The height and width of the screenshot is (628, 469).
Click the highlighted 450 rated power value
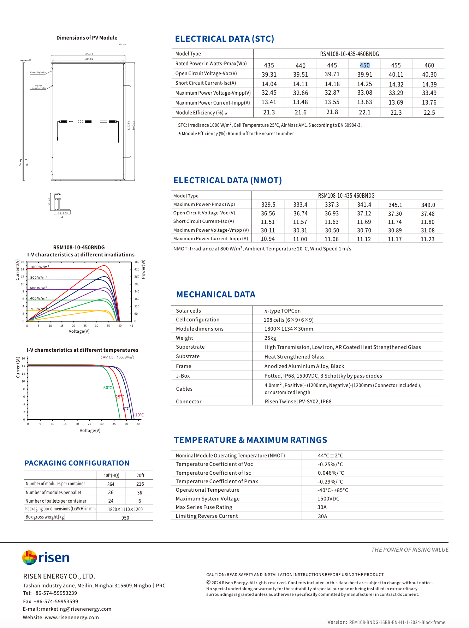(x=364, y=65)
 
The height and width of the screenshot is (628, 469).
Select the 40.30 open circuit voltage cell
(x=429, y=75)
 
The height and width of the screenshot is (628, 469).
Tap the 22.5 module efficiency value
(x=429, y=113)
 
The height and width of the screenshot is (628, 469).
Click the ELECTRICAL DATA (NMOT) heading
(x=227, y=180)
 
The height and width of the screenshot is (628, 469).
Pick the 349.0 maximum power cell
(x=428, y=205)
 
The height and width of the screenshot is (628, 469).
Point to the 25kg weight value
(x=270, y=338)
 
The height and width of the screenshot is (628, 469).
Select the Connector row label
(x=189, y=402)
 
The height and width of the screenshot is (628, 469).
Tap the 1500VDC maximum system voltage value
(x=328, y=499)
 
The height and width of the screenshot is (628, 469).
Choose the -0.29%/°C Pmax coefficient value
(x=330, y=481)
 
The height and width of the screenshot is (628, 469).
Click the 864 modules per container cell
(x=111, y=484)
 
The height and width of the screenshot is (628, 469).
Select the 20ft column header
(x=140, y=475)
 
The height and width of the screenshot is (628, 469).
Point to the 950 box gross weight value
(x=125, y=518)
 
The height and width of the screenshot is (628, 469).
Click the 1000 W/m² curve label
(x=39, y=267)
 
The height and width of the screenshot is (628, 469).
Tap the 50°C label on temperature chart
(x=108, y=388)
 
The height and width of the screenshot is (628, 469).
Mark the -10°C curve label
(x=139, y=415)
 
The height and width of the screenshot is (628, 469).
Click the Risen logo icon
(x=29, y=558)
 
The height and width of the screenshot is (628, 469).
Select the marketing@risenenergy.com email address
(x=76, y=609)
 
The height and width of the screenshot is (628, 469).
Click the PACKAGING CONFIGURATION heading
(x=77, y=463)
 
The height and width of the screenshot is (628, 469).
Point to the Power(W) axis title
(x=143, y=269)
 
